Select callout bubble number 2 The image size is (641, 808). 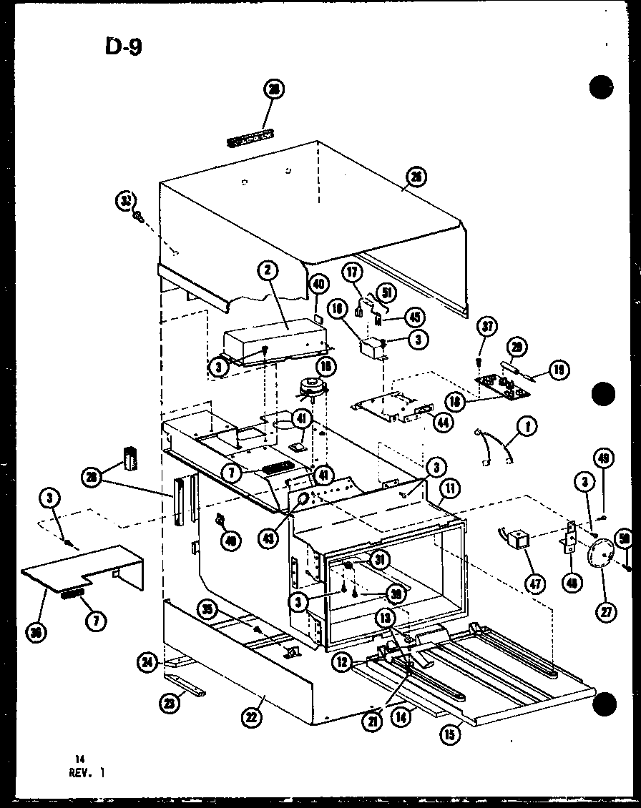(x=265, y=271)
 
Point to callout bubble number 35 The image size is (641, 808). (x=207, y=609)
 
